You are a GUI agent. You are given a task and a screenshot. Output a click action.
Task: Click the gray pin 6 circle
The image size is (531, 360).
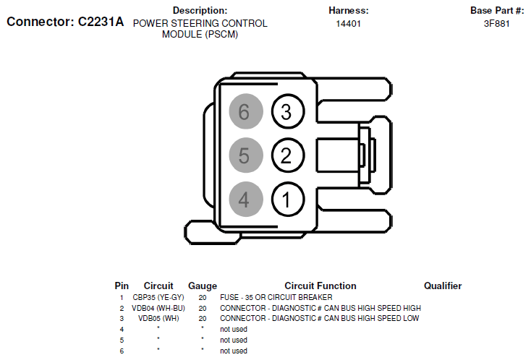pos(244,112)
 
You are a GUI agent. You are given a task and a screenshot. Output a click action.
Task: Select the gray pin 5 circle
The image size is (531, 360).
pos(244,155)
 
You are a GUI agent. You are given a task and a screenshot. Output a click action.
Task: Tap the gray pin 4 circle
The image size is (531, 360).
pos(244,199)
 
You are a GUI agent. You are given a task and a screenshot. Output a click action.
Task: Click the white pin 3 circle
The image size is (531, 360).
pos(286,112)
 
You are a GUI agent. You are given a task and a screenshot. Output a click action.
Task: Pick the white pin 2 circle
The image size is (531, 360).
pos(286,155)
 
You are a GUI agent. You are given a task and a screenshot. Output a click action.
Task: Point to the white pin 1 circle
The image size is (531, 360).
pos(286,199)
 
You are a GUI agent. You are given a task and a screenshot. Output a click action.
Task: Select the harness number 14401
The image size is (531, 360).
pos(348,24)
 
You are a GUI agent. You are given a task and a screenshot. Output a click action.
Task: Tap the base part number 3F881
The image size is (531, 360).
pos(496,24)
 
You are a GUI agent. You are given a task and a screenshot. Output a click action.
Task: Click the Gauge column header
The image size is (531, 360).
pos(203,286)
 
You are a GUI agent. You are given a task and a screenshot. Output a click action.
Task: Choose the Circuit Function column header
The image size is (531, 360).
pos(320,286)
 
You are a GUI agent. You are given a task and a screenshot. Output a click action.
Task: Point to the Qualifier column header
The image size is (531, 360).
pos(442,286)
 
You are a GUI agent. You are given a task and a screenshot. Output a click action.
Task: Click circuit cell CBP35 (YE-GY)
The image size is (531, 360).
pos(158,297)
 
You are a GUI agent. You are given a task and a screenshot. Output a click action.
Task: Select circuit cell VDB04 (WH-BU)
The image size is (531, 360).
pos(158,308)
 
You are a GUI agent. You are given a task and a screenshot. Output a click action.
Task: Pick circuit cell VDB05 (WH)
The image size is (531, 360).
pos(158,318)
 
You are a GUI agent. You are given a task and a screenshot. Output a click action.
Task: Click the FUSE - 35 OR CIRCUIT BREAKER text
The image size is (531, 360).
pos(276,297)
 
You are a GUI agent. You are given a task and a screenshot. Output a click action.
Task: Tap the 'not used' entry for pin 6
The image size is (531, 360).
pos(234,351)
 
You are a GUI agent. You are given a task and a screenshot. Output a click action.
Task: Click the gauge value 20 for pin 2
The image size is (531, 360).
pos(203,308)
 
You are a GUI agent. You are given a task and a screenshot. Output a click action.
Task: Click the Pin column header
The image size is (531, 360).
pos(122,286)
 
